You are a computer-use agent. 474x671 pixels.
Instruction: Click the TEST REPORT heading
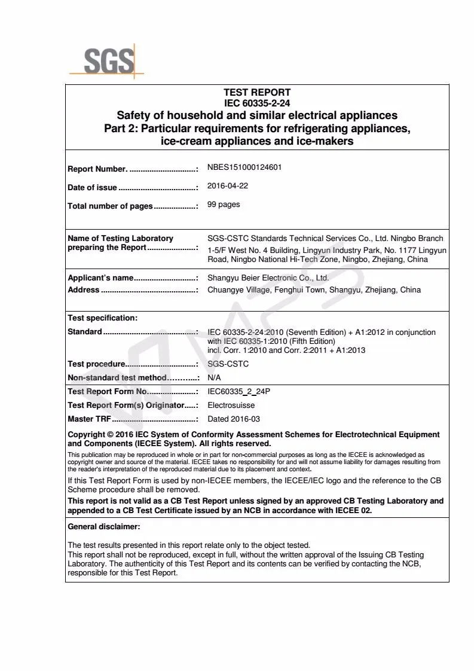[x=257, y=92]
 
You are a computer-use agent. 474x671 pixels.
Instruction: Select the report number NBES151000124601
[x=244, y=167]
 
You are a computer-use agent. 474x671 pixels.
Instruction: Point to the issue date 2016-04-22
[x=228, y=186]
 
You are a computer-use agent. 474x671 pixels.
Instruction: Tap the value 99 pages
[x=224, y=205]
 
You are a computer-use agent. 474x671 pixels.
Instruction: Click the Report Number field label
[x=97, y=169]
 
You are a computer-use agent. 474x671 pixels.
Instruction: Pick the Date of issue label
[x=93, y=188]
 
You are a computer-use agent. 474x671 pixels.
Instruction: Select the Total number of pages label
[x=110, y=206]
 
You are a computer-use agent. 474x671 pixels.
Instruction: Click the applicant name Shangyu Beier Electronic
[x=268, y=278]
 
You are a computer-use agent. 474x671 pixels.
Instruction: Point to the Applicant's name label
[x=100, y=278]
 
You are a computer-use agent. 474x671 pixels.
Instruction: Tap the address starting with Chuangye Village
[x=314, y=290]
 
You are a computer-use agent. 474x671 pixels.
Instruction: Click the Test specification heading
[x=102, y=318]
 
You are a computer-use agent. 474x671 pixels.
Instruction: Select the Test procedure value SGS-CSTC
[x=228, y=364]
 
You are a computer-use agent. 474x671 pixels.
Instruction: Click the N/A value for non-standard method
[x=214, y=378]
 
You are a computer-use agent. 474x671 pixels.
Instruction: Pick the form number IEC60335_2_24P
[x=237, y=392]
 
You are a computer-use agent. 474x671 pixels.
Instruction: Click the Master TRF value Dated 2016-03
[x=234, y=419]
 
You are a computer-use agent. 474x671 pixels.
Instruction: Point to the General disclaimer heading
[x=104, y=527]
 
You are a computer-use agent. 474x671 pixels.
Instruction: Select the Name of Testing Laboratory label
[x=120, y=239]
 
